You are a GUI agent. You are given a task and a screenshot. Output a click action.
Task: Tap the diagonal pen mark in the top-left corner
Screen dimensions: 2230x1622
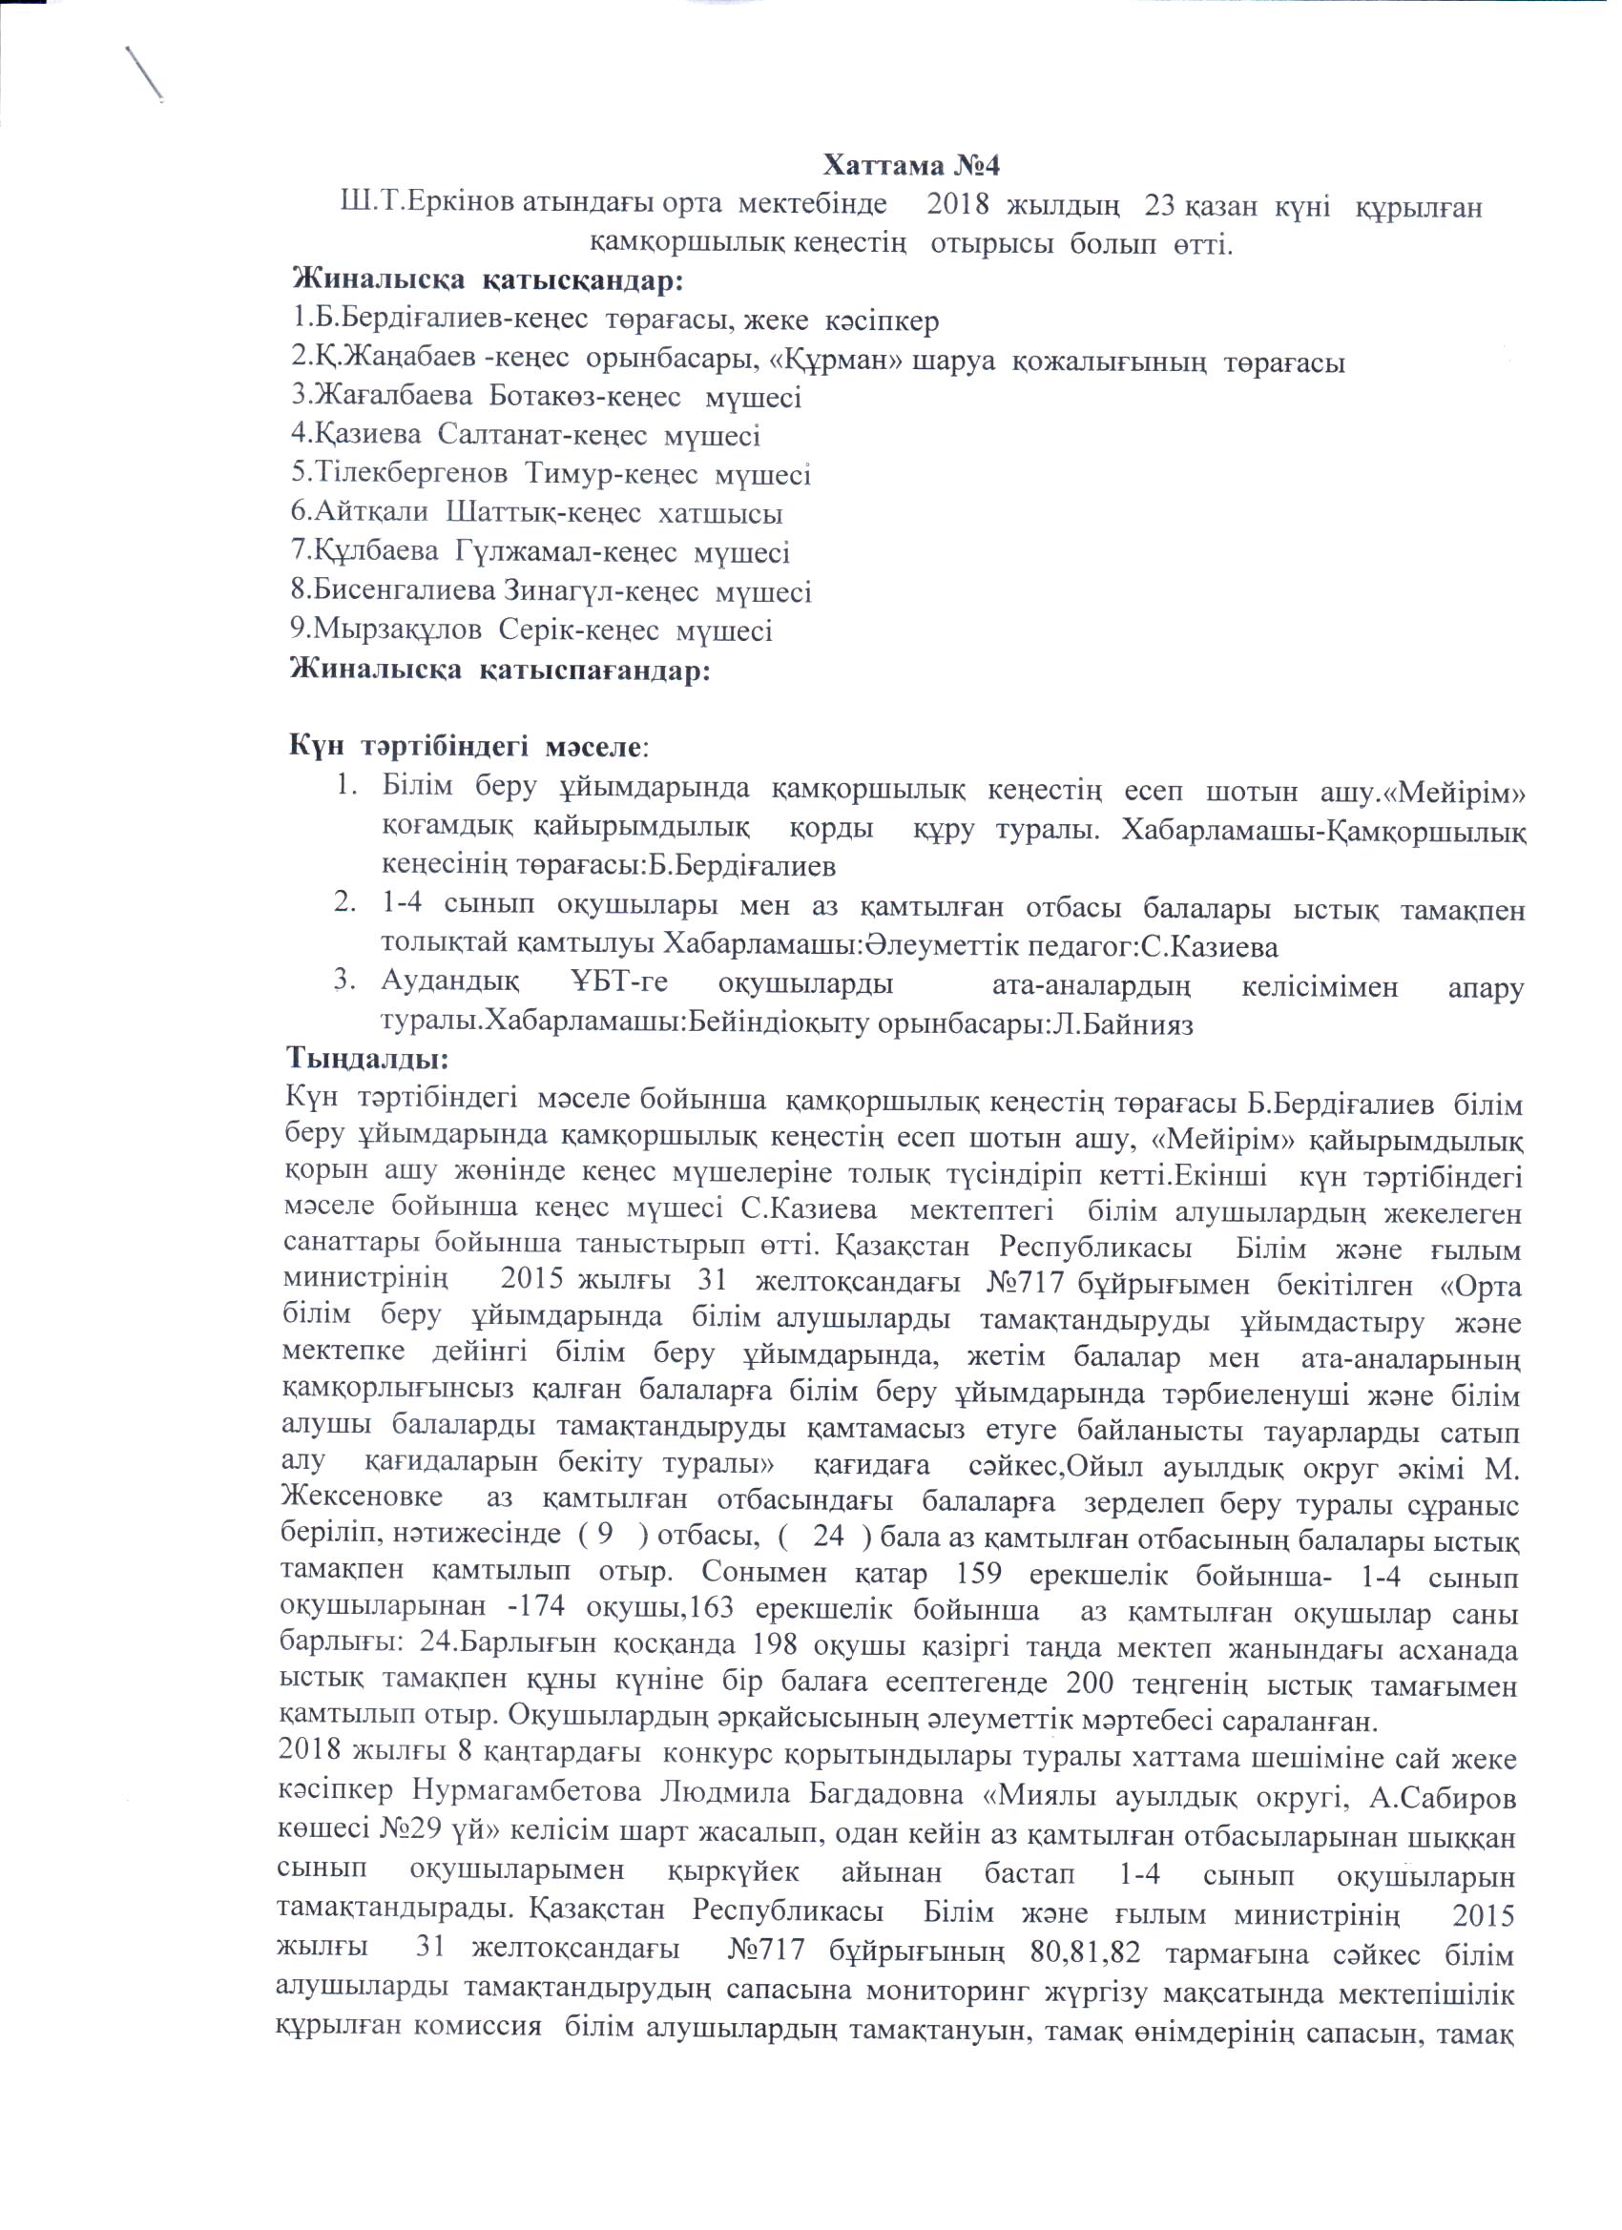point(145,73)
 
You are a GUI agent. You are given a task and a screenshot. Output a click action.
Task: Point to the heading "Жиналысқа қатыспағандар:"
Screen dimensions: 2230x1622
point(499,671)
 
